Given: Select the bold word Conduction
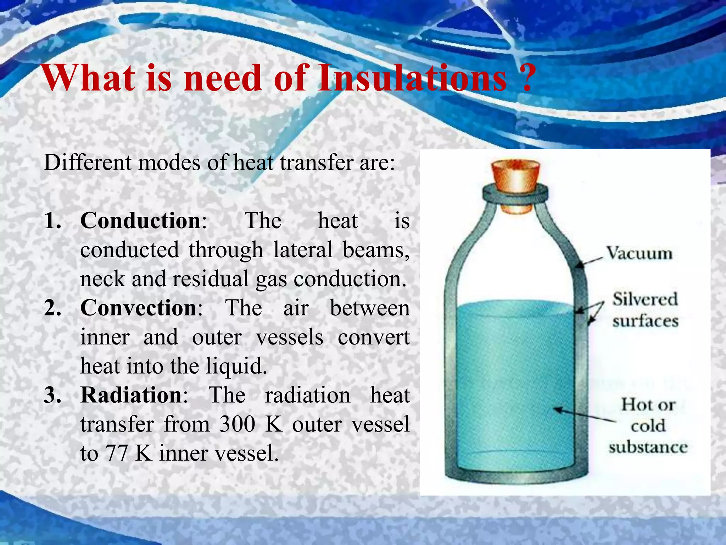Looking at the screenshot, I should pos(141,221).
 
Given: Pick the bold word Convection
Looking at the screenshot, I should pos(139,308).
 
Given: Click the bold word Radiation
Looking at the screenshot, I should pos(131,395).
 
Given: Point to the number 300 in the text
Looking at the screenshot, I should pos(237,424).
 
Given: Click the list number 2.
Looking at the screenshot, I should pos(52,308).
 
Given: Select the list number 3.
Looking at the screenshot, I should pos(52,395).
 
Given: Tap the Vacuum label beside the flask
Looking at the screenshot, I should pos(639,253).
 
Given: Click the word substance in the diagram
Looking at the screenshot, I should pos(648,447).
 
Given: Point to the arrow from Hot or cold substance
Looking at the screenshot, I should pos(585,415).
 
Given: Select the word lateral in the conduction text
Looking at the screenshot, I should pos(303,250).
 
